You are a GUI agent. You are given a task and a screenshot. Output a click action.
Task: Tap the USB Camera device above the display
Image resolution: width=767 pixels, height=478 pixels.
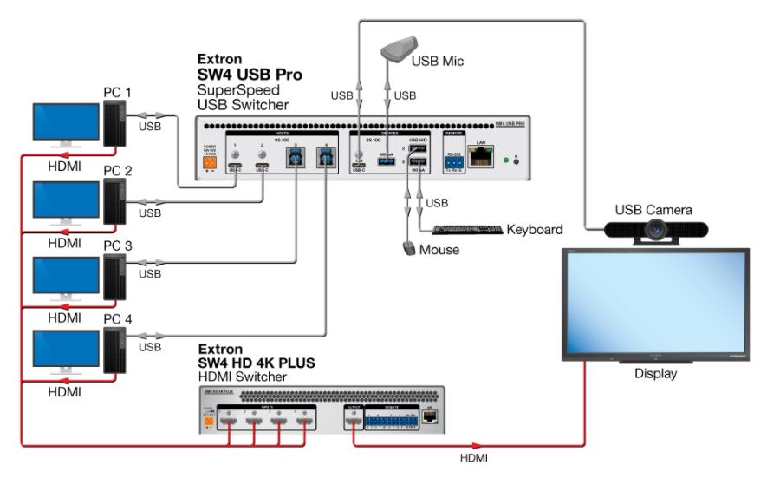pos(658,229)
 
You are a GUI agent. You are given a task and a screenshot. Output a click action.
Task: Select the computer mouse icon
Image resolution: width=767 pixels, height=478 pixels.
pos(410,249)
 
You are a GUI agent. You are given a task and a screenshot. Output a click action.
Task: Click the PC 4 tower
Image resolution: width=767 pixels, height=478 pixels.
pos(114,350)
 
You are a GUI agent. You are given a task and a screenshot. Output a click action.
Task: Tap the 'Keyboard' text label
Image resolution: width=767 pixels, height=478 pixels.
pos(535,231)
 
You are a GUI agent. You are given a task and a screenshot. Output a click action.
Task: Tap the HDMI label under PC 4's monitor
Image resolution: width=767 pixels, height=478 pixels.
pos(64,393)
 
